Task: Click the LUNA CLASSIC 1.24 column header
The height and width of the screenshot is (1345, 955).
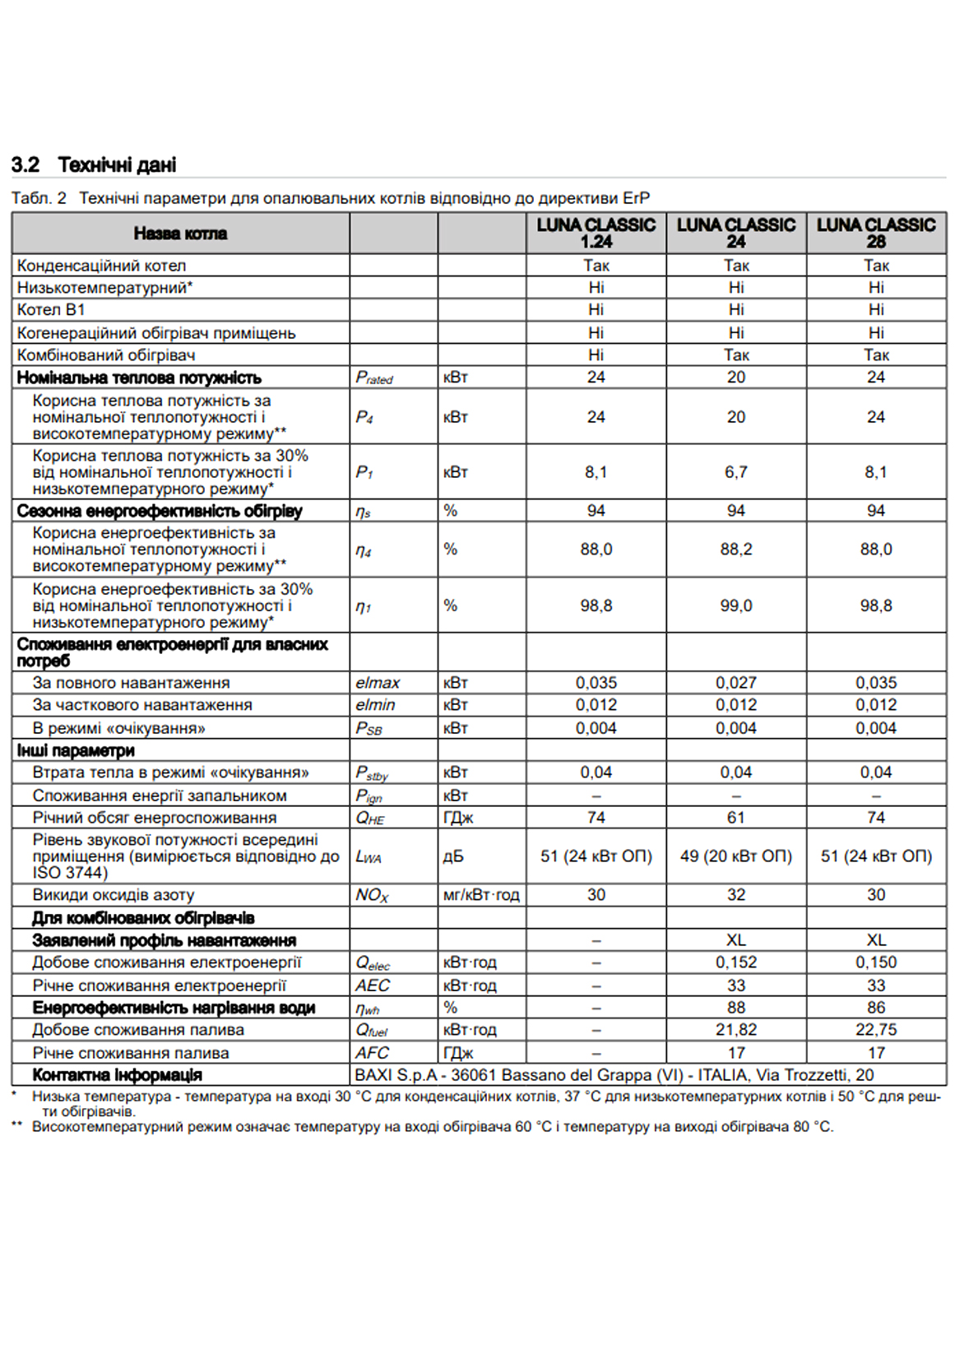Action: (x=596, y=233)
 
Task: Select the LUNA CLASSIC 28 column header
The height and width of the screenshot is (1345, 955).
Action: (x=875, y=233)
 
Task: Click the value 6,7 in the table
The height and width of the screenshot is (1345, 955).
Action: (x=735, y=472)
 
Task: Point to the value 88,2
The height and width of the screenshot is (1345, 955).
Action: (x=735, y=550)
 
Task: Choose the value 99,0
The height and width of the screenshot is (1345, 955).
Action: (x=735, y=606)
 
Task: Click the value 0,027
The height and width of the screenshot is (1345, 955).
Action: (x=735, y=683)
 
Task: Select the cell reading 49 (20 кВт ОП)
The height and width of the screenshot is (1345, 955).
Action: (x=735, y=856)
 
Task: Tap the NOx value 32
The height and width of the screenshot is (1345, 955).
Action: (x=735, y=895)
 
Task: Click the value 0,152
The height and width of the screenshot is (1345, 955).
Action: (x=735, y=962)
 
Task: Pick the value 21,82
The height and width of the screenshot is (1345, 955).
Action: (x=735, y=1030)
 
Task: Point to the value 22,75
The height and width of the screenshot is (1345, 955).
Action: (x=875, y=1030)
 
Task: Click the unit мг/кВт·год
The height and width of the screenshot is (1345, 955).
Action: (x=481, y=895)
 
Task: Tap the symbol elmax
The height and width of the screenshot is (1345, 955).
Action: (x=378, y=683)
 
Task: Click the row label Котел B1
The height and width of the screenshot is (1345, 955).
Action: (x=51, y=310)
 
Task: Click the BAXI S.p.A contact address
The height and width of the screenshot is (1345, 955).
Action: (x=614, y=1075)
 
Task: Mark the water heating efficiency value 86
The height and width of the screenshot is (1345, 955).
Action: (x=875, y=1008)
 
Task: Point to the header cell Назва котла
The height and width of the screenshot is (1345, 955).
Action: (x=180, y=234)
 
